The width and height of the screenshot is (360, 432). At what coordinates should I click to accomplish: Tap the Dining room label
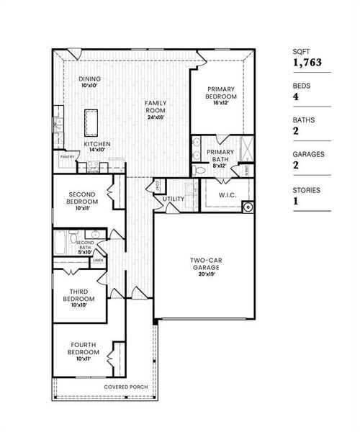[x=90, y=79]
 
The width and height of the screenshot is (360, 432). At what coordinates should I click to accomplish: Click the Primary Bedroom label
[x=222, y=93]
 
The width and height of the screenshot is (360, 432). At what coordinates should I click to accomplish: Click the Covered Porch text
[x=126, y=387]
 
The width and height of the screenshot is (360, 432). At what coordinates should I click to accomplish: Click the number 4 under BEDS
[x=295, y=98]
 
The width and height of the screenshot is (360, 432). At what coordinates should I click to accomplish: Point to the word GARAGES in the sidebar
[x=309, y=154]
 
